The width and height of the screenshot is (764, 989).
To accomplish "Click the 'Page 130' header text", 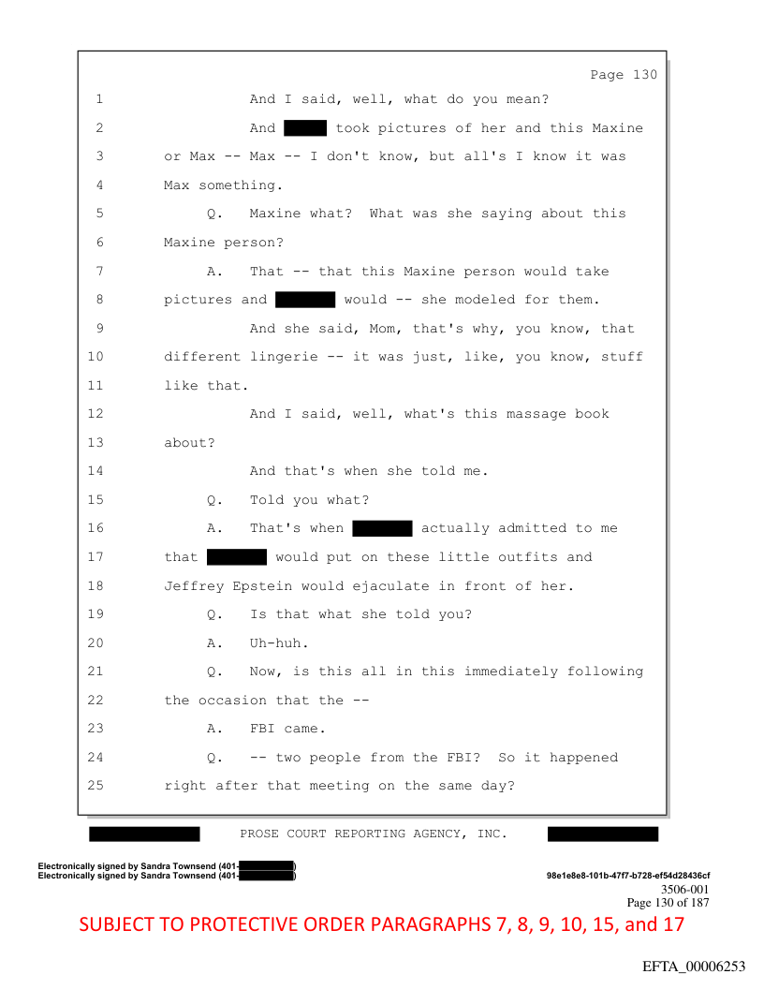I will (x=624, y=75).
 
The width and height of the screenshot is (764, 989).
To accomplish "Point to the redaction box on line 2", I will (x=304, y=127).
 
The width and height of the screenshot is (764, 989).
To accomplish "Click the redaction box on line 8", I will (x=305, y=300).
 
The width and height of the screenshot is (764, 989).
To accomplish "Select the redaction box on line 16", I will (x=382, y=528).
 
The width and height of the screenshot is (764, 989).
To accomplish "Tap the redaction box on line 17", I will (x=237, y=557).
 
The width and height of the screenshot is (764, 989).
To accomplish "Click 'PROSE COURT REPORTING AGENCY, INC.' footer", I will (x=374, y=834).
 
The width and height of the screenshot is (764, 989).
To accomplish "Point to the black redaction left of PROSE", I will (x=144, y=834).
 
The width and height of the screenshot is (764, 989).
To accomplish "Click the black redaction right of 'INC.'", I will (x=602, y=834).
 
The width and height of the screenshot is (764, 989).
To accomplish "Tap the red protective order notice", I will (x=382, y=924).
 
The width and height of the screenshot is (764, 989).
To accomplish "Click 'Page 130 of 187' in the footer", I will (x=668, y=903).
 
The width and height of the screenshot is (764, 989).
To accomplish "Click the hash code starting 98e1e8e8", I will (x=627, y=876).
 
